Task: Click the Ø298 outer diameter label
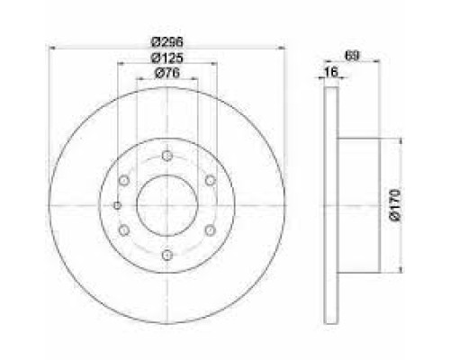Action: click(166, 42)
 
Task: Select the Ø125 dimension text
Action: click(166, 58)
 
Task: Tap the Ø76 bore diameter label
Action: click(166, 73)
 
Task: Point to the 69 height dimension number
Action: click(352, 56)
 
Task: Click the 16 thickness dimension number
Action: click(331, 72)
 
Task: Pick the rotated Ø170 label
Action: click(395, 205)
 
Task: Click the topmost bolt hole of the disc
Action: click(166, 156)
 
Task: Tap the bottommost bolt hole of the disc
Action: click(166, 256)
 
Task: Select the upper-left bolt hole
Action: click(123, 181)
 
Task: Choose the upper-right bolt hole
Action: click(211, 181)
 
